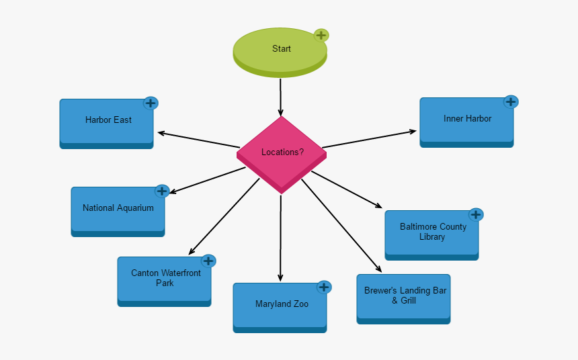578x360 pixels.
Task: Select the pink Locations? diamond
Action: (281, 152)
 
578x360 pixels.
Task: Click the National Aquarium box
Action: (118, 209)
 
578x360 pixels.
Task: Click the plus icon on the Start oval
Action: (321, 36)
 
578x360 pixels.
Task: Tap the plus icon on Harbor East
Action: (151, 103)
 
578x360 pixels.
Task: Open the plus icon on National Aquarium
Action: (161, 191)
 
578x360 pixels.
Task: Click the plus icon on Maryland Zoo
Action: (324, 287)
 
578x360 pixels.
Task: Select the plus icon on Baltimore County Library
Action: (476, 215)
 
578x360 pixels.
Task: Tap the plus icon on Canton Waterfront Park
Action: (208, 261)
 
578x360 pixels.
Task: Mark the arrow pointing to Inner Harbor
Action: (370, 139)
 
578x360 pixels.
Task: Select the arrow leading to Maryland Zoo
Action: (280, 235)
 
